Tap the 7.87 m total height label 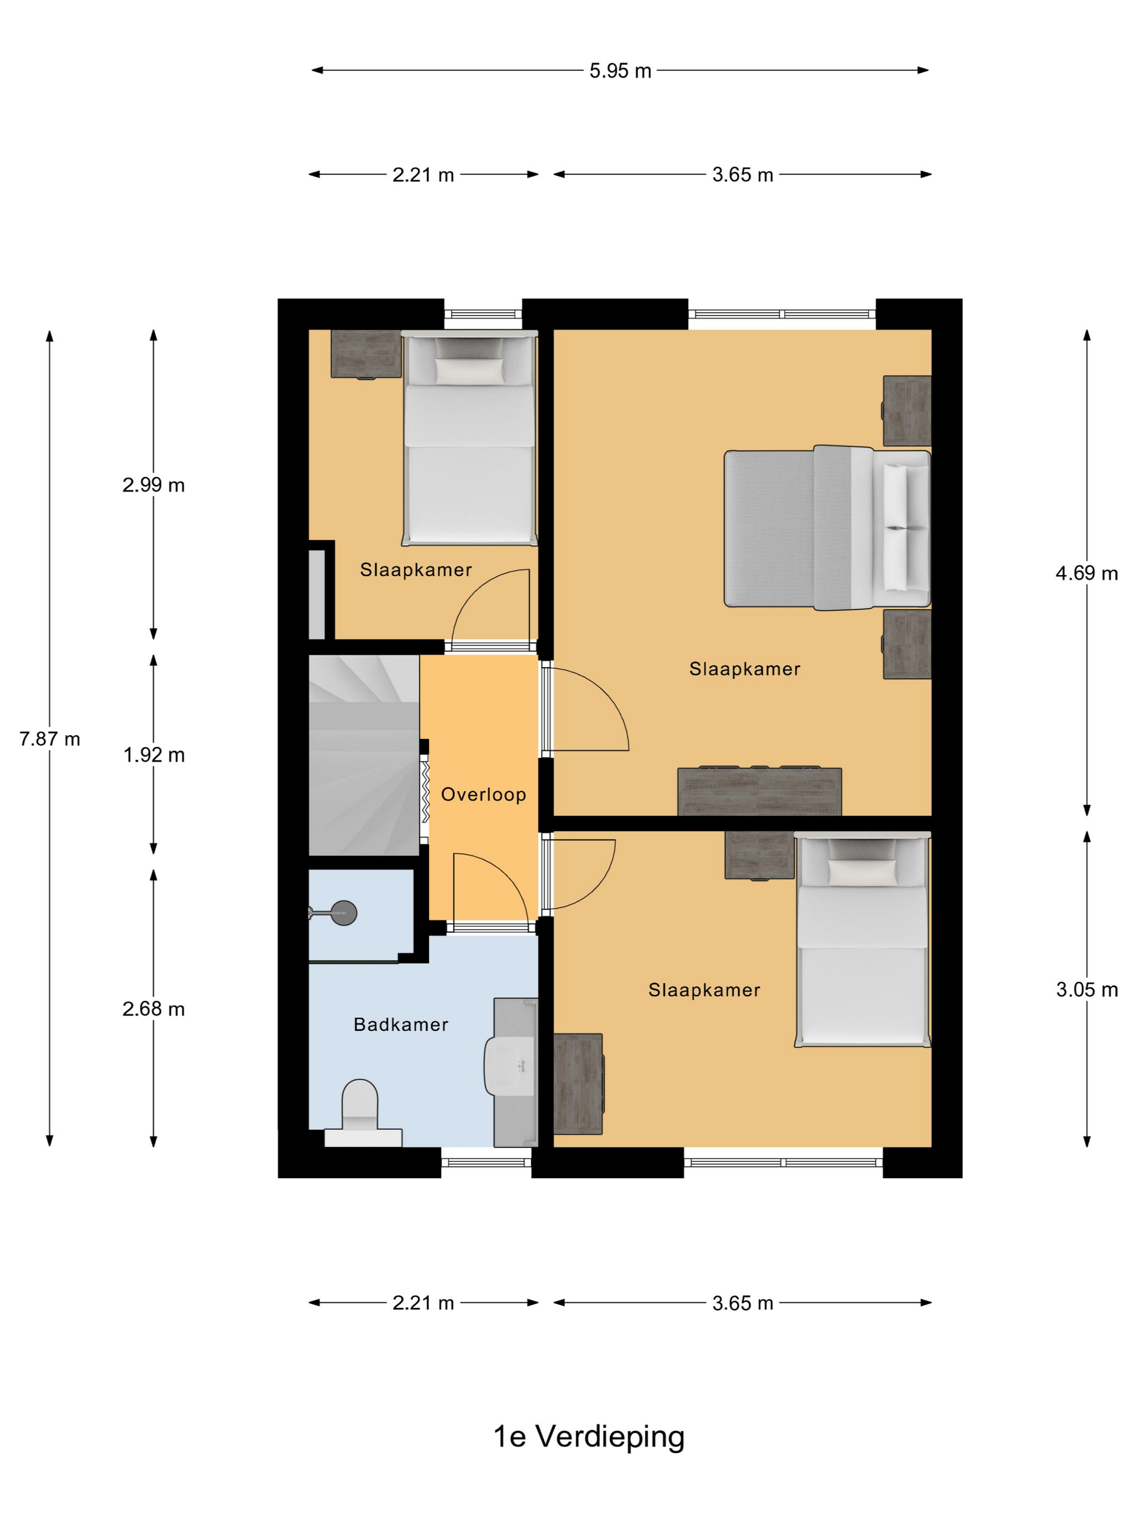tap(49, 739)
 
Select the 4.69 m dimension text tap(1086, 573)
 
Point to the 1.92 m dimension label tap(154, 755)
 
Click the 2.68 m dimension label tap(154, 1009)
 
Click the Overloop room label tap(483, 794)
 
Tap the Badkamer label tap(401, 1024)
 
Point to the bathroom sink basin tap(510, 1065)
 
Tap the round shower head tap(344, 912)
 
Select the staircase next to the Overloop tap(364, 755)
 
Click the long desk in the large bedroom tap(760, 791)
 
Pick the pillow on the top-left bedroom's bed tap(469, 371)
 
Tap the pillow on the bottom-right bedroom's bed tap(862, 872)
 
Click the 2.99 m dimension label tap(154, 485)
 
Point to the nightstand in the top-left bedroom tap(366, 354)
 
